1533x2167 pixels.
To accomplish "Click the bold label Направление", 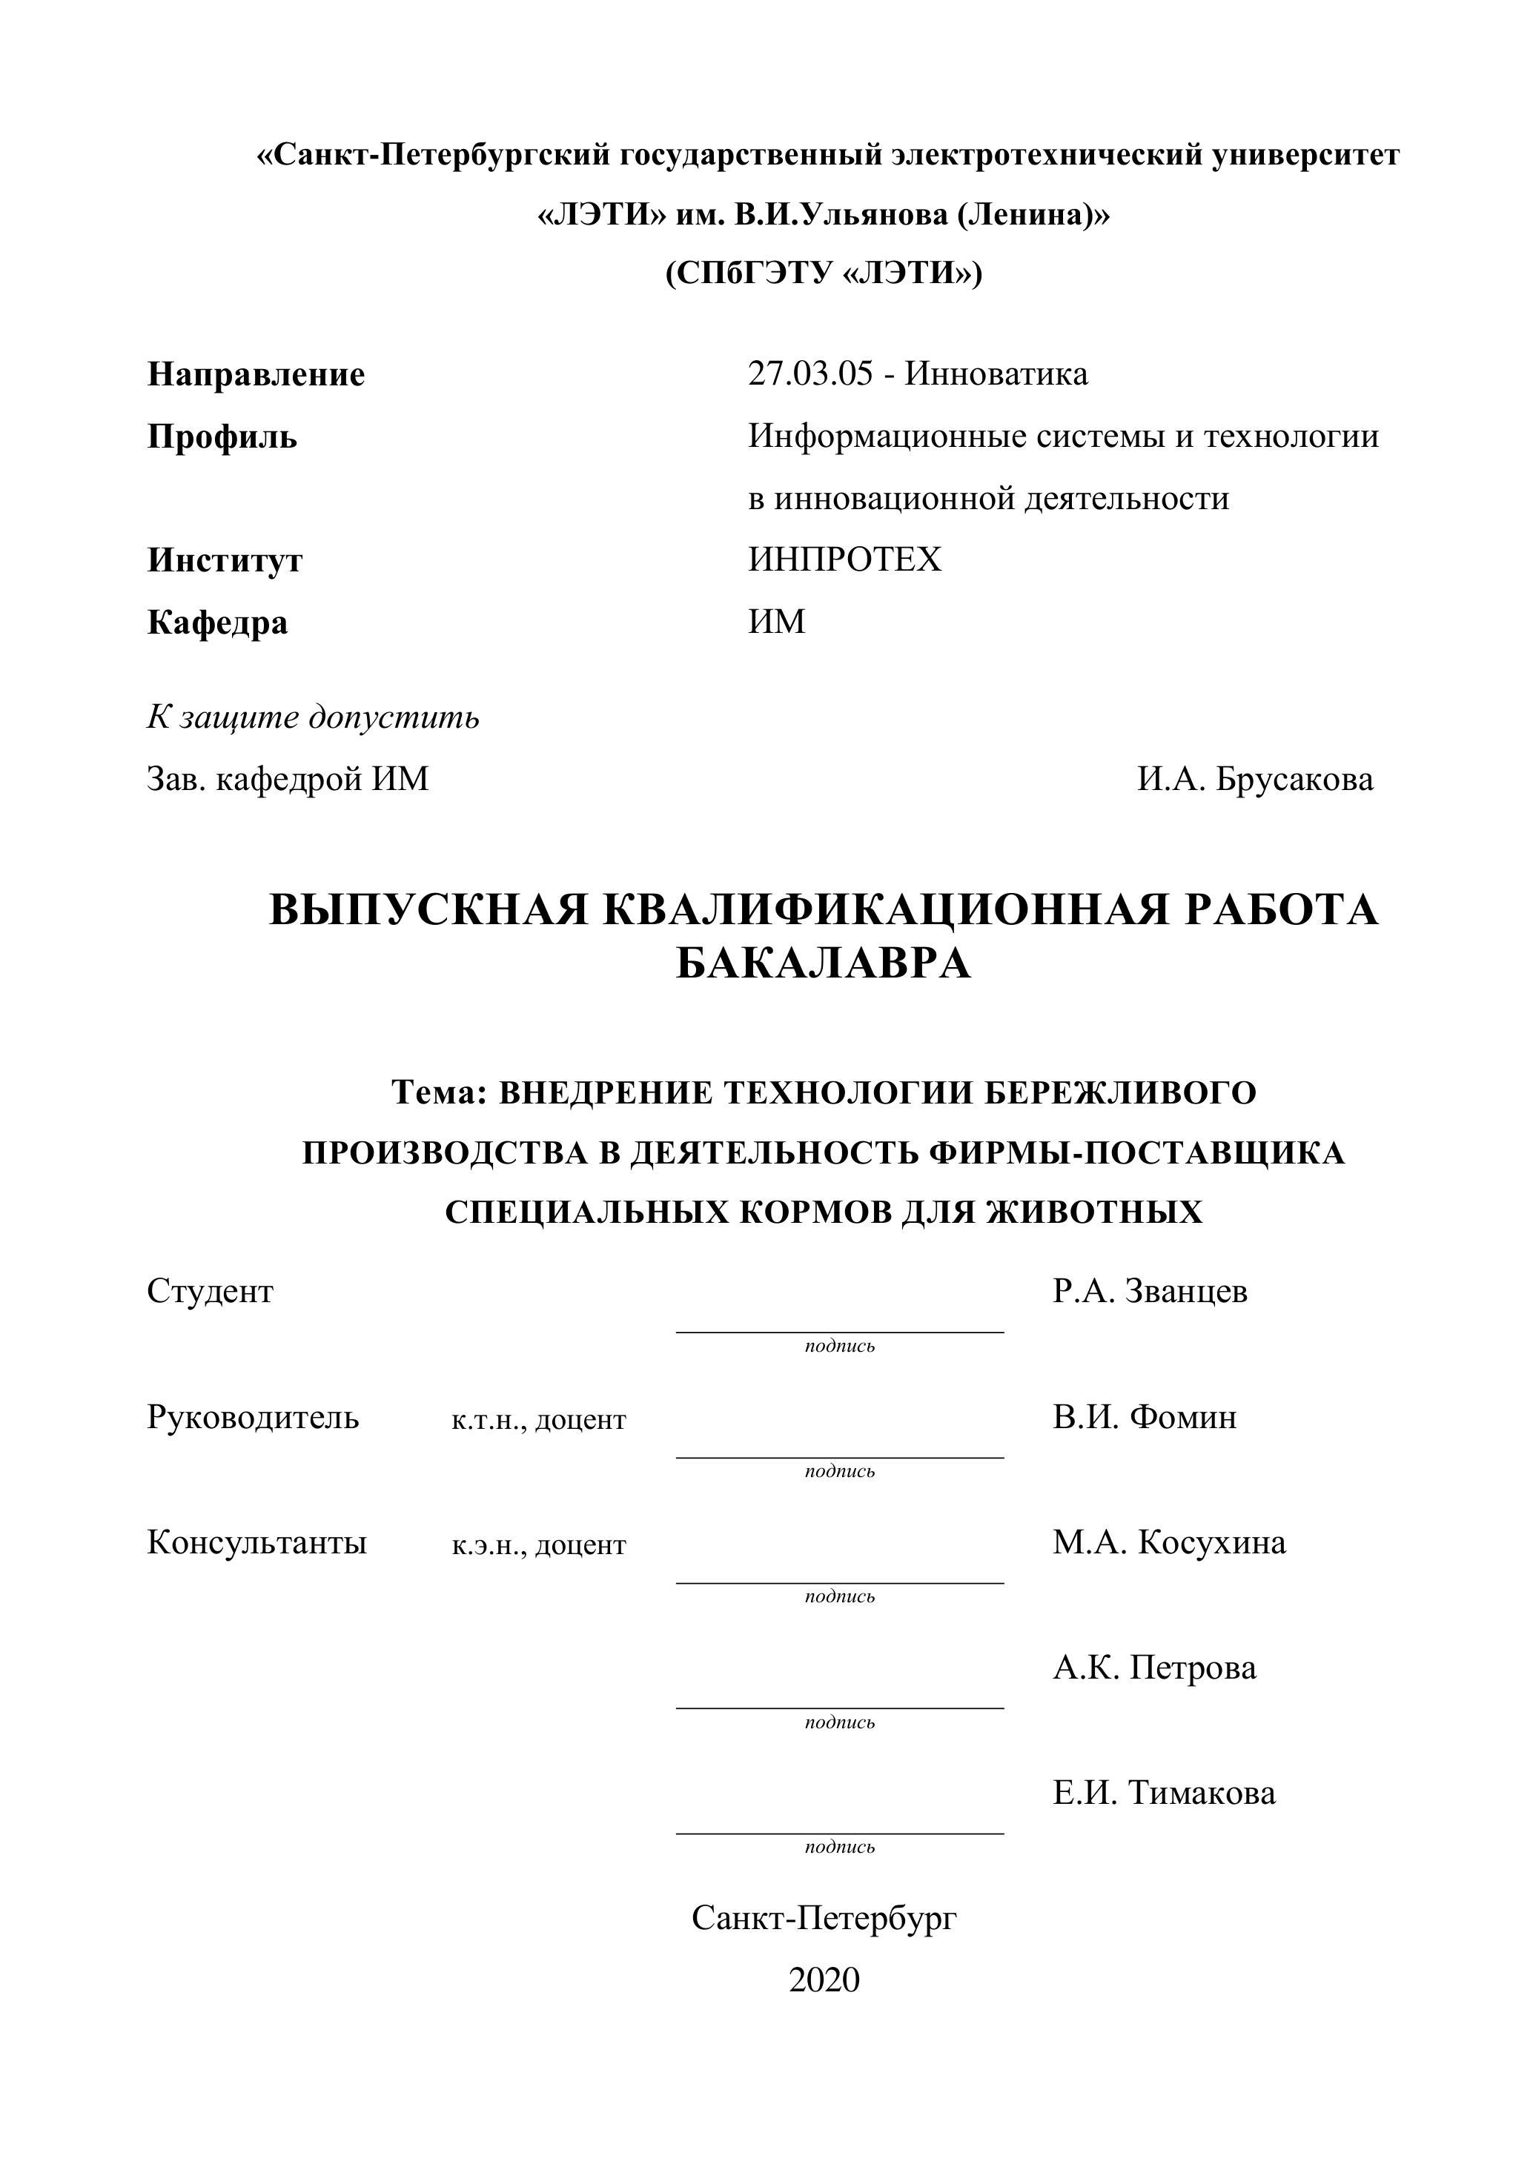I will point(256,375).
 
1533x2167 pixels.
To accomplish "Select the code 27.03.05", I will point(810,374).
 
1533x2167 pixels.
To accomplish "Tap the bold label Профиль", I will point(222,437).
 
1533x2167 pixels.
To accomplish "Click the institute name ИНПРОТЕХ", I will point(845,560).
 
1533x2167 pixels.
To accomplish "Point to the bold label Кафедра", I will point(217,623).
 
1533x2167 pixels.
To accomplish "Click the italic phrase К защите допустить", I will point(312,717).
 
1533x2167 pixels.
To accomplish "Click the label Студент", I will point(210,1291).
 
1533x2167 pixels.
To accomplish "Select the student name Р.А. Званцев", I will point(1150,1291).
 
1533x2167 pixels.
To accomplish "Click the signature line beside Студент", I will point(839,1332).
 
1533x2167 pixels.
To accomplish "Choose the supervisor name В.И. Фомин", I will point(1144,1418).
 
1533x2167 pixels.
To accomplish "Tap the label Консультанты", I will point(256,1543).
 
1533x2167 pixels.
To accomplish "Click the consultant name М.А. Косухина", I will point(1168,1543).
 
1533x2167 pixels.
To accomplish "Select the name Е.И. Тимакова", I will point(1164,1793).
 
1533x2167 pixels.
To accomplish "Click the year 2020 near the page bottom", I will point(824,1980).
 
